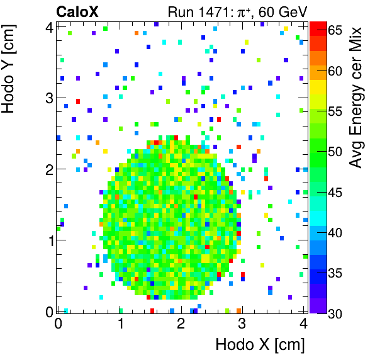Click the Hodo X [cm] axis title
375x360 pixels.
[260, 345]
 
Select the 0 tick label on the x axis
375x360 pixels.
[58, 323]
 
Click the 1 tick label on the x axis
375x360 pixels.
[120, 323]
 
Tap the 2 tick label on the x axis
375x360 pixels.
[181, 323]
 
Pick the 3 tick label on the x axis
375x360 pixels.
[242, 323]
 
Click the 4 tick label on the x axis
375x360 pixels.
[303, 323]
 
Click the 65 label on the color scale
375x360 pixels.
[335, 30]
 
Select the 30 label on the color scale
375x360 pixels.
[335, 314]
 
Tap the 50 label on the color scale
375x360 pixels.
[335, 152]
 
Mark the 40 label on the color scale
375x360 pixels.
[335, 233]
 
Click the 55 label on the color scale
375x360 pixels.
[335, 111]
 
